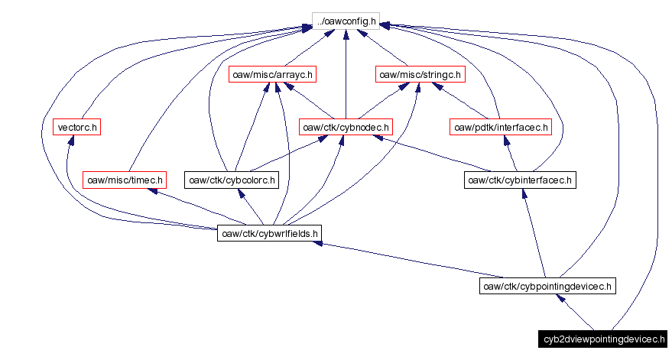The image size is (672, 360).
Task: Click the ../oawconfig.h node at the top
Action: [346, 21]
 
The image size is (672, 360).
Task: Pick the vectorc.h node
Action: [77, 127]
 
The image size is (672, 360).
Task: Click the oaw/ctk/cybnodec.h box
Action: [346, 127]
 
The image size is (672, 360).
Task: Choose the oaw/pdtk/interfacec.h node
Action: [501, 127]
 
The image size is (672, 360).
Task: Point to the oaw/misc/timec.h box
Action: [125, 180]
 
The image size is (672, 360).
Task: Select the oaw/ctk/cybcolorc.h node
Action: [232, 180]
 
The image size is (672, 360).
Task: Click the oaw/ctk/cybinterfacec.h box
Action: [520, 180]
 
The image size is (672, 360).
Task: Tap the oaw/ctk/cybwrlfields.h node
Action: [269, 233]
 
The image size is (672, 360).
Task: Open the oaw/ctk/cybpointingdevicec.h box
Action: [547, 286]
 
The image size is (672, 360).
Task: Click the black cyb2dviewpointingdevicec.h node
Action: [592, 339]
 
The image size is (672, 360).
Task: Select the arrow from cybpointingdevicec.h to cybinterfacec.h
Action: [534, 233]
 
